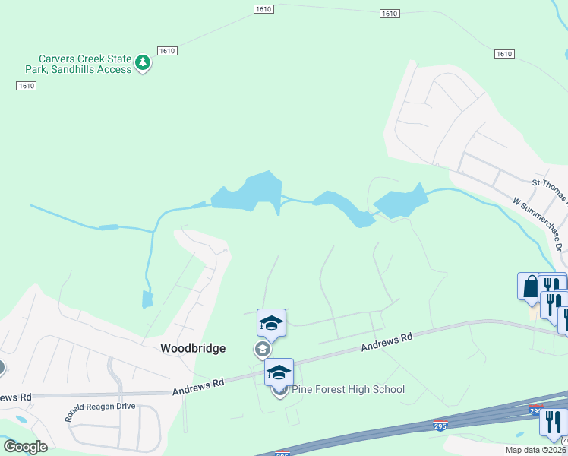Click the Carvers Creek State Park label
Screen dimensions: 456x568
[x=85, y=64]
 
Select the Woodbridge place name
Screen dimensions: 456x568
[x=193, y=348]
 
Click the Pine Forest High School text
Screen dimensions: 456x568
[x=349, y=390]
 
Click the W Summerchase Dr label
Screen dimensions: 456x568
[x=539, y=225]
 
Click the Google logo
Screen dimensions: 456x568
[x=26, y=447]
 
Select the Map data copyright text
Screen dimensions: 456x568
[x=535, y=450]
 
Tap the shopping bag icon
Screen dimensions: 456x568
[x=529, y=287]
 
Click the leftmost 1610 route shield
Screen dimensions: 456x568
[x=26, y=86]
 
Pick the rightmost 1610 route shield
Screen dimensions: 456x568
[x=503, y=54]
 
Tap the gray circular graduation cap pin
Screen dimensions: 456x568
[x=262, y=350]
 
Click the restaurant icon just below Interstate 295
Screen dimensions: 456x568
[x=553, y=421]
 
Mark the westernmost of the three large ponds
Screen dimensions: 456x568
[x=248, y=191]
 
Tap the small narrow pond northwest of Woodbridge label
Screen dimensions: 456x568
[x=147, y=300]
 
